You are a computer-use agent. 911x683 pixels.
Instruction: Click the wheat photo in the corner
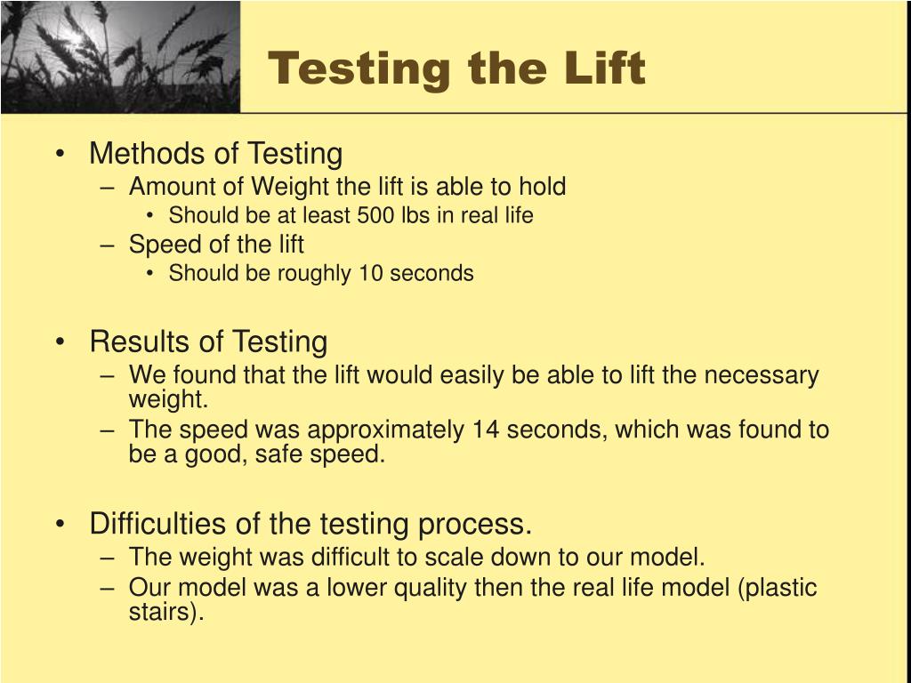[x=120, y=56]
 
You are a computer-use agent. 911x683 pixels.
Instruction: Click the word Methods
[x=149, y=153]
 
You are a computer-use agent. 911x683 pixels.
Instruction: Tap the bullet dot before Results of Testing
[x=60, y=342]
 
